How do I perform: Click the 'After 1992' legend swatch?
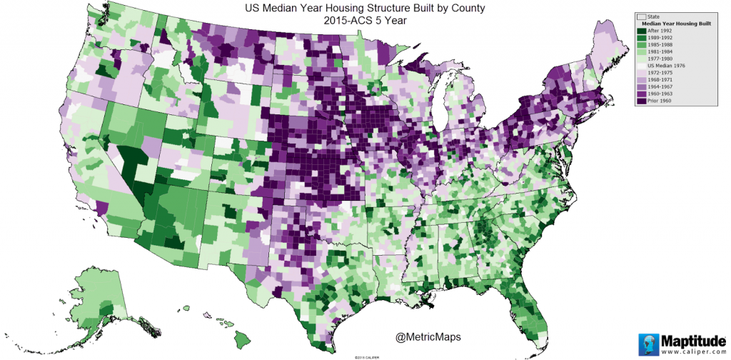pyautogui.click(x=642, y=31)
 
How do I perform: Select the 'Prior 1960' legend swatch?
pyautogui.click(x=642, y=101)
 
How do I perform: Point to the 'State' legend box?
pyautogui.click(x=642, y=16)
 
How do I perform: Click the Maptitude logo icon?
pyautogui.click(x=647, y=343)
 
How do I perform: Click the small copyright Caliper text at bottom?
pyautogui.click(x=365, y=356)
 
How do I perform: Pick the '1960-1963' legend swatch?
pyautogui.click(x=642, y=94)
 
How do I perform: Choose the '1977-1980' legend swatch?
pyautogui.click(x=642, y=59)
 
